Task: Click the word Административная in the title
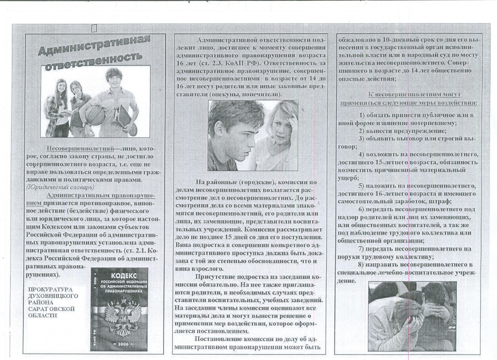pos(95,46)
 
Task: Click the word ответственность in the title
pos(93,61)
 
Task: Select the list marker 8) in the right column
pos(361,264)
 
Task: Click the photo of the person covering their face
pos(412,316)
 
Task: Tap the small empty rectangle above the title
pos(94,29)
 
